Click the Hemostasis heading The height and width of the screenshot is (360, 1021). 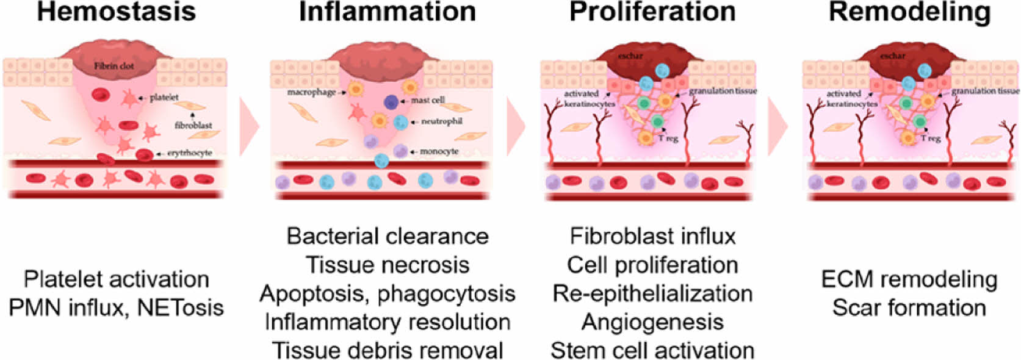(116, 12)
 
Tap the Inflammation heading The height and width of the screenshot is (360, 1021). (387, 12)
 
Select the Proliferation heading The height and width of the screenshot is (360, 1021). (652, 12)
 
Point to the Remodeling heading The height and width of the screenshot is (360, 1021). (909, 12)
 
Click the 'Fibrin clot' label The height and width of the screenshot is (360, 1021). (114, 66)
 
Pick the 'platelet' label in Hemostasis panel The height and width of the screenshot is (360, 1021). (164, 97)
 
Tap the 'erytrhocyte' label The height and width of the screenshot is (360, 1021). (190, 153)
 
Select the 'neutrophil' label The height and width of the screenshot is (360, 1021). (441, 121)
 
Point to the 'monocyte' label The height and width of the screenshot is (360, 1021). (439, 151)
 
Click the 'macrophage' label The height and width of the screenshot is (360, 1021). (311, 92)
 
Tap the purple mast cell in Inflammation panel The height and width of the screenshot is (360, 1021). (391, 102)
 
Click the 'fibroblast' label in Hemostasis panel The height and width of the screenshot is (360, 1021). (193, 125)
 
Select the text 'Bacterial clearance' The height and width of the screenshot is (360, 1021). (388, 236)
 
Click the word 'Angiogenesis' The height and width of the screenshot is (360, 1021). (652, 322)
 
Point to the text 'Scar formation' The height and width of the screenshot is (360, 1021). (909, 308)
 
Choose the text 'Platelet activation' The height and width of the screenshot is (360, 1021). (116, 279)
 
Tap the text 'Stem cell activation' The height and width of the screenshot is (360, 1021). (652, 350)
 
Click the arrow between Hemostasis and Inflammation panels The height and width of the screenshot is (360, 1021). (249, 127)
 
